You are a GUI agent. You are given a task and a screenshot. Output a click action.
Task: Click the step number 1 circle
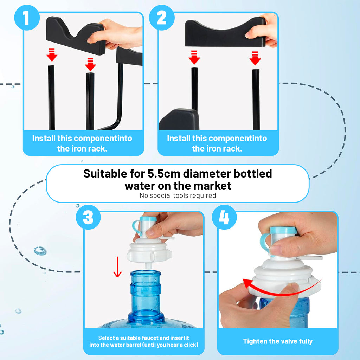click(x=27, y=18)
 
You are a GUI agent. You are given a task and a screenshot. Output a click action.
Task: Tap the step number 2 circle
click(x=162, y=18)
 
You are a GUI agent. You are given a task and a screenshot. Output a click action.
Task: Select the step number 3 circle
click(x=88, y=217)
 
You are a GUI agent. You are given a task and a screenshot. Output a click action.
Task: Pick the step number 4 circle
click(x=224, y=217)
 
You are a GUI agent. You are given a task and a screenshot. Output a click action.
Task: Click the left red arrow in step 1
click(x=52, y=54)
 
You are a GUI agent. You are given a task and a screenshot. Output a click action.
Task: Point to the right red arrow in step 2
click(x=255, y=58)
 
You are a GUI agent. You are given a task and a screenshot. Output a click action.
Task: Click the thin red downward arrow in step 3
click(x=117, y=267)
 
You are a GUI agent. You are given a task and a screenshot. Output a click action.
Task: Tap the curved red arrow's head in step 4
click(x=247, y=283)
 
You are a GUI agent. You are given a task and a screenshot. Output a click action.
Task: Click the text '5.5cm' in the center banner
click(x=164, y=174)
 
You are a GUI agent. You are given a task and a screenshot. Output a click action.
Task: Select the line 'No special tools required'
click(x=178, y=195)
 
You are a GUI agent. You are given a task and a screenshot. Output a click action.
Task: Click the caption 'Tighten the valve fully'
click(x=278, y=341)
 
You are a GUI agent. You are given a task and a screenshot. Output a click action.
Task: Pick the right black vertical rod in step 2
click(x=256, y=99)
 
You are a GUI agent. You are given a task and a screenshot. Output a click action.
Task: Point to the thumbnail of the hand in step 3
click(x=150, y=233)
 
